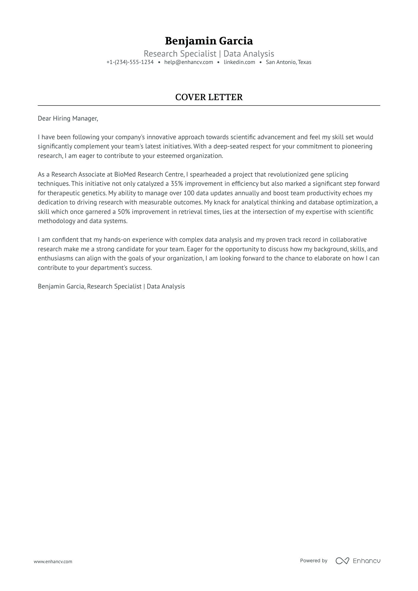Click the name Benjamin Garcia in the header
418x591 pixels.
pos(209,41)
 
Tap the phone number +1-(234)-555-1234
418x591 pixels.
pos(130,62)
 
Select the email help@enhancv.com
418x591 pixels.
pos(189,62)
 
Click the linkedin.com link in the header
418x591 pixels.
pos(239,62)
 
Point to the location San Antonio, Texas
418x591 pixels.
pos(288,62)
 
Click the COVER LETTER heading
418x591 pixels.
pos(209,97)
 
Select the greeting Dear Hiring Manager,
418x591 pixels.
pos(68,118)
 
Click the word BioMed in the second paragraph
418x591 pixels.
pos(125,174)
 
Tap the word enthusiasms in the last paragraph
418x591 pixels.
pos(55,258)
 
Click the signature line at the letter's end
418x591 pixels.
pos(111,286)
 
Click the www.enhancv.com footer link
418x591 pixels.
pos(53,561)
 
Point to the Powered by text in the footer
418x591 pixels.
pos(313,560)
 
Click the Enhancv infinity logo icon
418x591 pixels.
pos(342,561)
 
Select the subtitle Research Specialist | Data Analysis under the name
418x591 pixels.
pos(209,54)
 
